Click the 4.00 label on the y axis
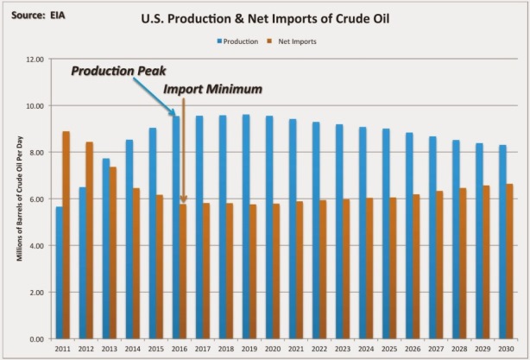(x=34, y=246)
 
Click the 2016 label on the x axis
(x=180, y=349)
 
